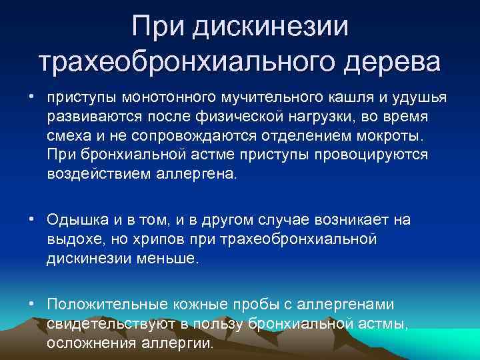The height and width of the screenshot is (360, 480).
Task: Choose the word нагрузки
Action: (353, 117)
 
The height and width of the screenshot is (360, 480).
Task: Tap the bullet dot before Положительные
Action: (32, 304)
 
